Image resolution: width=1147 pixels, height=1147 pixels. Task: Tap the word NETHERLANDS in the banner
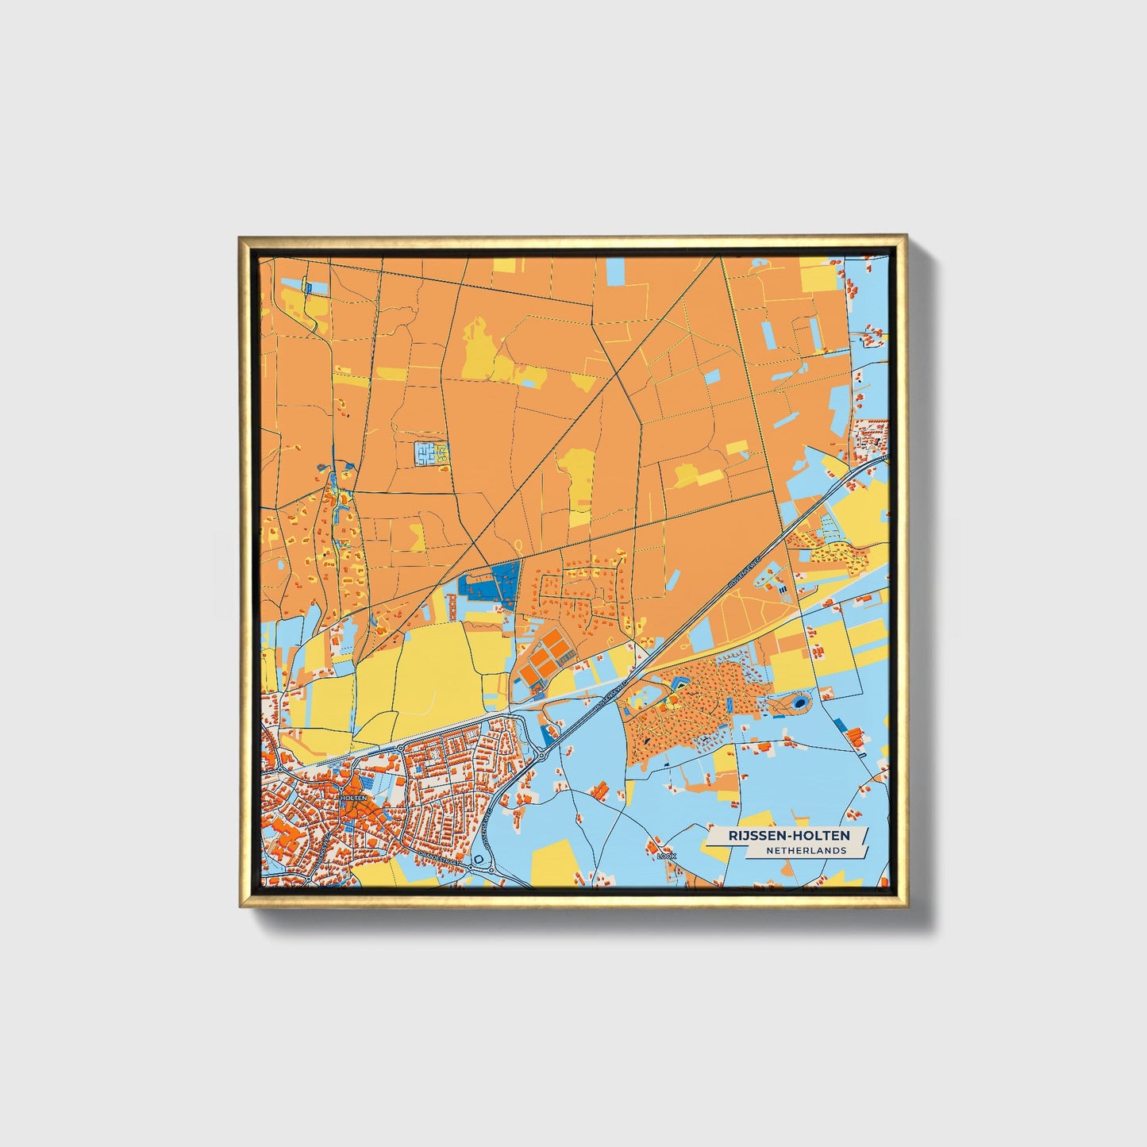pyautogui.click(x=806, y=850)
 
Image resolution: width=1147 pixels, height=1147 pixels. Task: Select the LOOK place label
pyautogui.click(x=666, y=856)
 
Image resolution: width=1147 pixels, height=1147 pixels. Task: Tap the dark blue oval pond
pyautogui.click(x=800, y=702)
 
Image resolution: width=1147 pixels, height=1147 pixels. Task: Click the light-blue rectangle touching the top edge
pyautogui.click(x=616, y=270)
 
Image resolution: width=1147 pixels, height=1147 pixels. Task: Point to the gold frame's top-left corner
pyautogui.click(x=241, y=237)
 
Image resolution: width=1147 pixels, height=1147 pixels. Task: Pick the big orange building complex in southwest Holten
pyautogui.click(x=283, y=833)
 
